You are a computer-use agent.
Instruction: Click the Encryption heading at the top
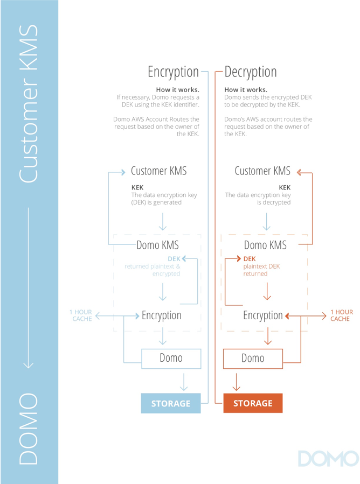173,72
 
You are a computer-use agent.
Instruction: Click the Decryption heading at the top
251,72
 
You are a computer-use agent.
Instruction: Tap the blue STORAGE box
171,403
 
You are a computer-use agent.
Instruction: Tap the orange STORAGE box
253,403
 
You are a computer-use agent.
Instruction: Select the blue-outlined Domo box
171,358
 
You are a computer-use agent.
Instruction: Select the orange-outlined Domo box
253,358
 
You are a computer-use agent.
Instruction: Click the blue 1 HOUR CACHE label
81,315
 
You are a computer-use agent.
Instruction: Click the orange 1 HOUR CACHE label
341,315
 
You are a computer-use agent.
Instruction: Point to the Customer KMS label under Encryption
159,171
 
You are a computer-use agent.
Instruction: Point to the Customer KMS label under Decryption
262,171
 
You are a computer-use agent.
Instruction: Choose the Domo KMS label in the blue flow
158,245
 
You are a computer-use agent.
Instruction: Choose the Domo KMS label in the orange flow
265,245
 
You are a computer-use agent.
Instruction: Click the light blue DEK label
174,259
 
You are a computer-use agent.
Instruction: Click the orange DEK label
250,259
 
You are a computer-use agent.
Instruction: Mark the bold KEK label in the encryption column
137,187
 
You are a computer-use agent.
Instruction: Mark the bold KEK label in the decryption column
285,187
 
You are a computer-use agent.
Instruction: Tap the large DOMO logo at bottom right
327,459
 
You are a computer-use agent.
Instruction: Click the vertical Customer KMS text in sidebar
29,102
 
